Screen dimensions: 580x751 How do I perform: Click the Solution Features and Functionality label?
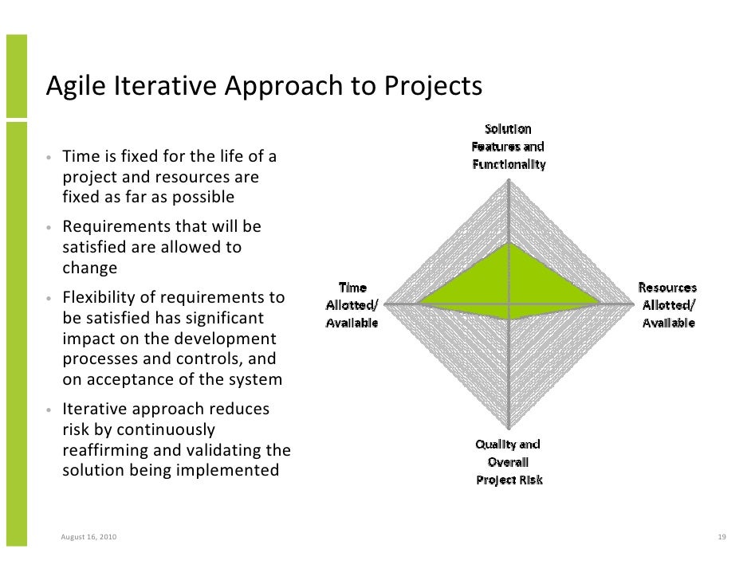[x=508, y=147]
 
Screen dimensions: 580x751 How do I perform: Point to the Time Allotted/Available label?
[x=352, y=305]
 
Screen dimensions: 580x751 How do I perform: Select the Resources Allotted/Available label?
[x=667, y=305]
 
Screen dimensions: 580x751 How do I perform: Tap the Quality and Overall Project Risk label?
[x=509, y=462]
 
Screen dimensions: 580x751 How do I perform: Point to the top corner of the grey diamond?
[x=509, y=179]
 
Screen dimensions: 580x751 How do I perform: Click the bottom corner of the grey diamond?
[x=509, y=428]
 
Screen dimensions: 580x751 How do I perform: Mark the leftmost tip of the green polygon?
[x=419, y=304]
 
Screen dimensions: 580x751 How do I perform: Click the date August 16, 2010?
[x=88, y=537]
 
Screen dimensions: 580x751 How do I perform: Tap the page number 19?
[x=721, y=537]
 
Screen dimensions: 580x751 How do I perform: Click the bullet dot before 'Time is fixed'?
[x=49, y=157]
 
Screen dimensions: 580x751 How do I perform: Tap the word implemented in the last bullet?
[x=232, y=470]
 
